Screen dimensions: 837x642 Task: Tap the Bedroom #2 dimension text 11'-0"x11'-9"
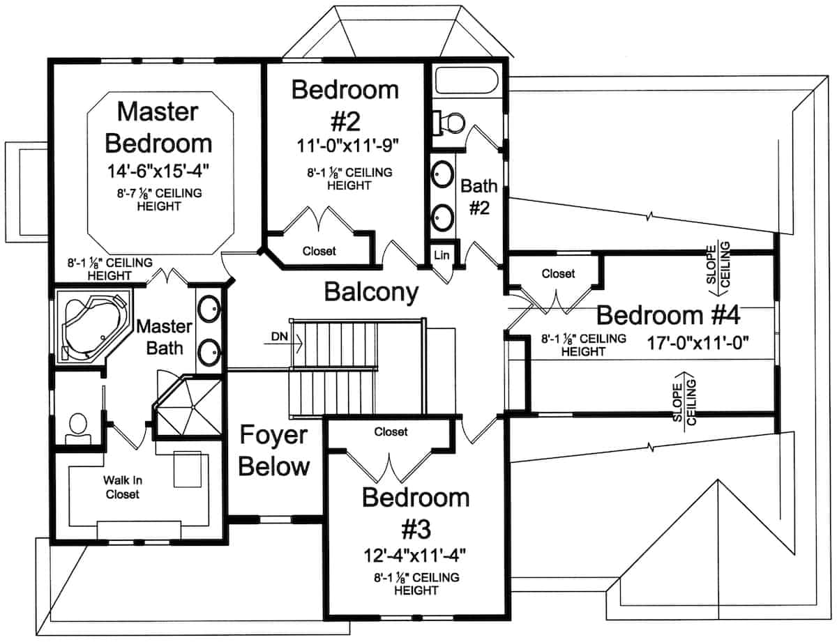pos(347,146)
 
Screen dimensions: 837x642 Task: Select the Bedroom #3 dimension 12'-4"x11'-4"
pos(415,556)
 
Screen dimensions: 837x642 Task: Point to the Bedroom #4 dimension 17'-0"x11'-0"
pos(697,342)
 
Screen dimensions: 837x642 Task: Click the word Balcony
pos(371,292)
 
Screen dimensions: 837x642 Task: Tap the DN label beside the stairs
pos(280,337)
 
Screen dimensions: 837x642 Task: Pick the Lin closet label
pos(442,255)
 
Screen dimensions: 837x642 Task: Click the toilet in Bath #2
pos(448,123)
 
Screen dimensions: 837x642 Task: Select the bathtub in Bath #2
pos(467,80)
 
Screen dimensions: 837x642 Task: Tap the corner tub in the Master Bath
pos(93,326)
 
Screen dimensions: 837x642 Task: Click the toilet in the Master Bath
pos(78,429)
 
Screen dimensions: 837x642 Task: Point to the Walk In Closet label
pos(123,487)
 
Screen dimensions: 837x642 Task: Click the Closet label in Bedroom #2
pos(319,251)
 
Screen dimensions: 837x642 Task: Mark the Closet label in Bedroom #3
pos(391,431)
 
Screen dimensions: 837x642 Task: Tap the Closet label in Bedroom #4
pos(558,273)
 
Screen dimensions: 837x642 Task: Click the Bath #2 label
pos(479,197)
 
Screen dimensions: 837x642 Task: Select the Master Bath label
pos(165,337)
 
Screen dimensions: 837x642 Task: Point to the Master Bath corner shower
pos(188,408)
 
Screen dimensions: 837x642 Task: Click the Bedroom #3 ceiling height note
pos(416,583)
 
